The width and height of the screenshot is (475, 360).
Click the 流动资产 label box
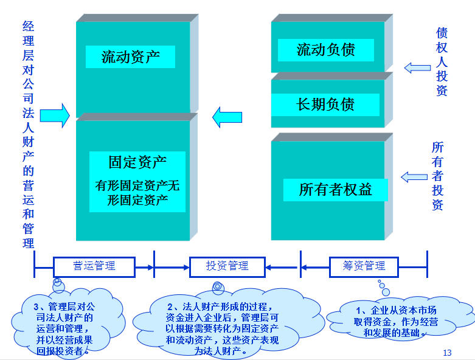click(x=131, y=57)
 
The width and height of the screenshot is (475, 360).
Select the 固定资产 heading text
click(x=137, y=162)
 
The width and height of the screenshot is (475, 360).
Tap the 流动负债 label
click(x=325, y=50)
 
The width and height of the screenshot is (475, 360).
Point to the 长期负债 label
click(x=325, y=104)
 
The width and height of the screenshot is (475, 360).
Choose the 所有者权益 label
click(x=335, y=190)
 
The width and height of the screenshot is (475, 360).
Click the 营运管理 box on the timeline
click(x=94, y=266)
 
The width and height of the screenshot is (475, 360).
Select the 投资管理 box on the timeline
click(x=227, y=266)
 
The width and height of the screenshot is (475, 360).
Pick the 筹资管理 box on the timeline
click(x=364, y=266)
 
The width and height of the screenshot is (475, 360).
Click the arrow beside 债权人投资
click(x=417, y=67)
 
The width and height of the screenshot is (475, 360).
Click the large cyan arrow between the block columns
click(x=227, y=116)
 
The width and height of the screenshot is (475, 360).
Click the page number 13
click(x=448, y=353)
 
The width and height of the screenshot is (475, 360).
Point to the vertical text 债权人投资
click(x=442, y=61)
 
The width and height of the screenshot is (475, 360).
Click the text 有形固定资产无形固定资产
click(x=137, y=193)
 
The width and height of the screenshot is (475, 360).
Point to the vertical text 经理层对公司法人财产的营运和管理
click(x=28, y=134)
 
